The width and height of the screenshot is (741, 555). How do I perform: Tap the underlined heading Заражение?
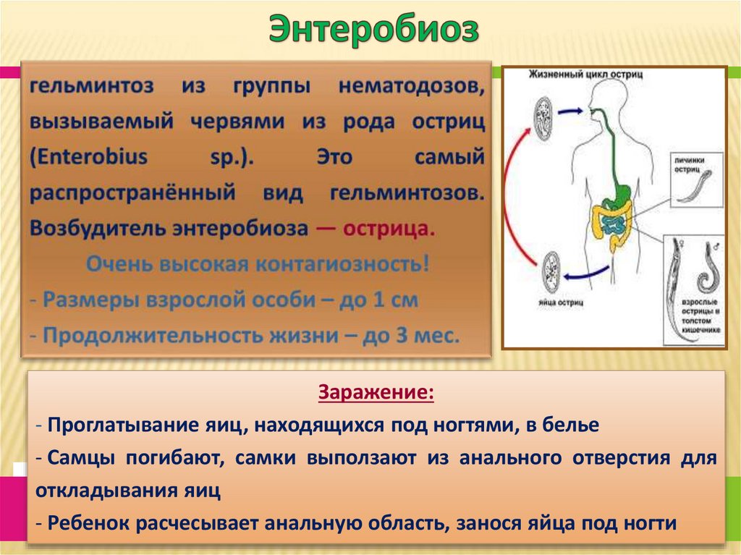point(376,394)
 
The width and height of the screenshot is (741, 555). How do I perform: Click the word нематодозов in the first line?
point(410,87)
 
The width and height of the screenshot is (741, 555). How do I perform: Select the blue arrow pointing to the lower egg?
point(588,273)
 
